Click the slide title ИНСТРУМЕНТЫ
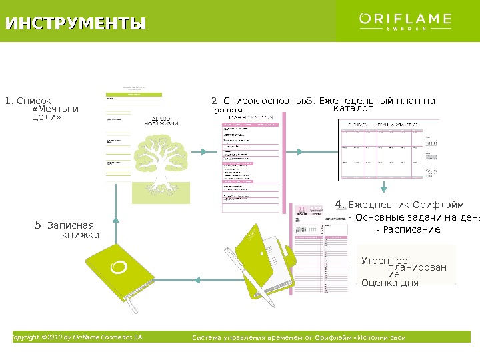(75, 24)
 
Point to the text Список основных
(259, 101)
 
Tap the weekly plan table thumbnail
(389, 150)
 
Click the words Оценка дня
(390, 283)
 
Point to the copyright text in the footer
(77, 337)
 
